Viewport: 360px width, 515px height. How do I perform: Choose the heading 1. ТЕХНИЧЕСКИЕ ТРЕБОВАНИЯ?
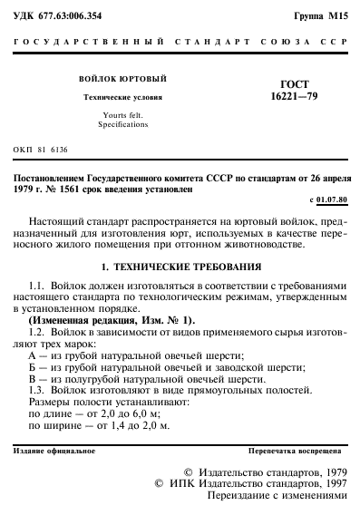pyautogui.click(x=180, y=267)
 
